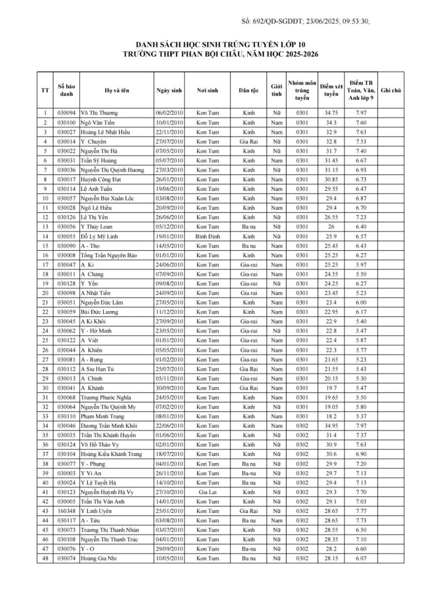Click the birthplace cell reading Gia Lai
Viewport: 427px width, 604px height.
(207, 492)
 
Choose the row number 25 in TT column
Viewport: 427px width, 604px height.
(45, 340)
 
